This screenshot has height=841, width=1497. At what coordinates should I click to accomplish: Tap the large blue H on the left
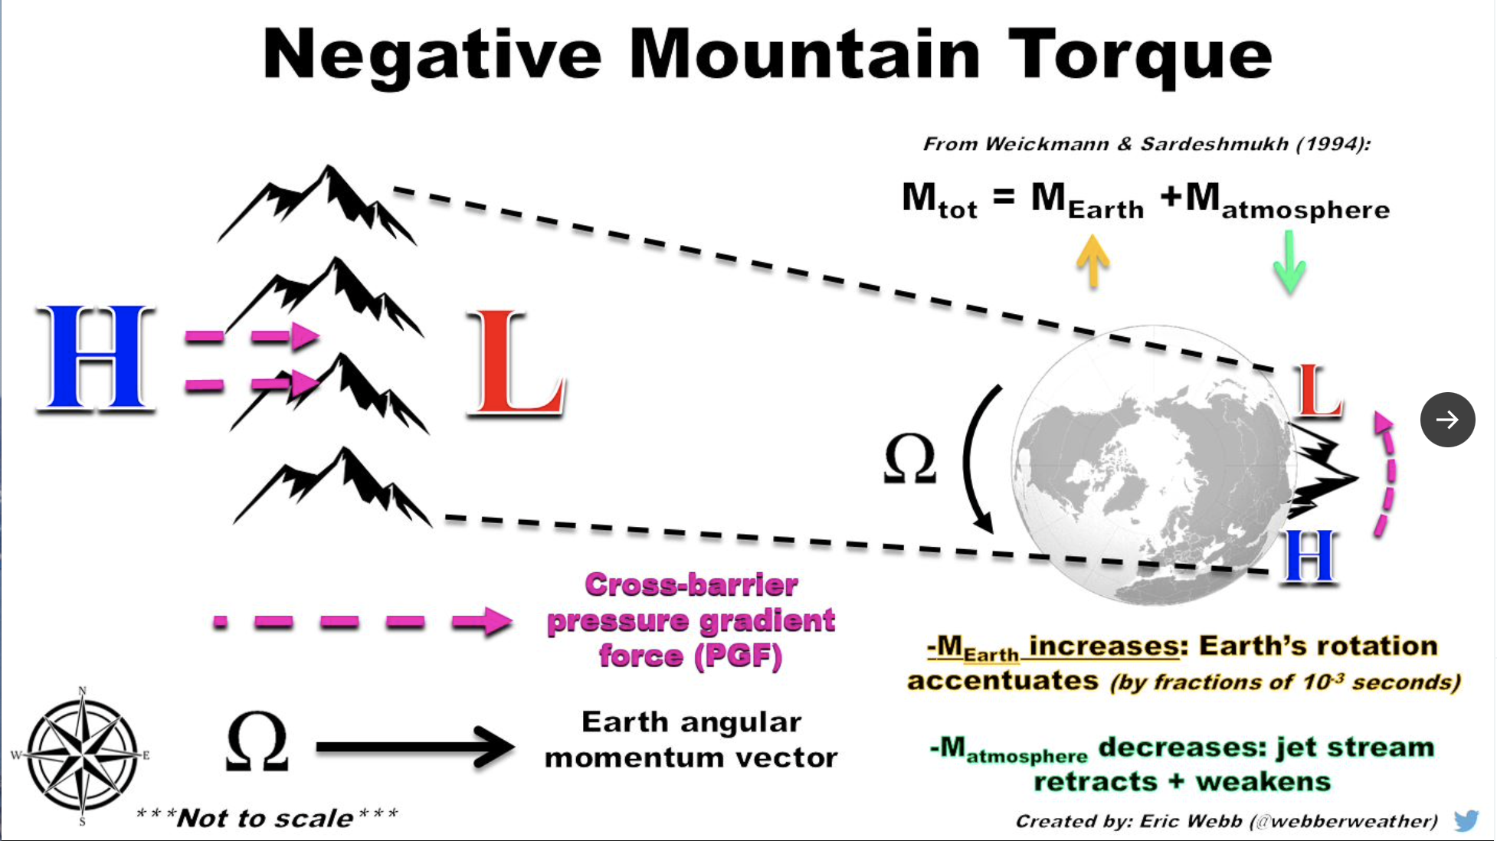pyautogui.click(x=96, y=358)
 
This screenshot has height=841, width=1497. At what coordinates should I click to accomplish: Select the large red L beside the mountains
pyautogui.click(x=516, y=363)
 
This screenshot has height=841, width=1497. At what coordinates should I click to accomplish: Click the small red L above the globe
pyautogui.click(x=1317, y=391)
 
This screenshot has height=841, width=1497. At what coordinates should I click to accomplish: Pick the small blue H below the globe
pyautogui.click(x=1309, y=556)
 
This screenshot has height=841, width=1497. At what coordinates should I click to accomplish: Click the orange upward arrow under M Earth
pyautogui.click(x=1093, y=260)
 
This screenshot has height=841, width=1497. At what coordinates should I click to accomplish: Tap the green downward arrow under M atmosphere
pyautogui.click(x=1289, y=262)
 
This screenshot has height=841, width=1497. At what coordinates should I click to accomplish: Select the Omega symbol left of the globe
pyautogui.click(x=910, y=459)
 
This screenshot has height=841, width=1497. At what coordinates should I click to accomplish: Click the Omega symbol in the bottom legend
pyautogui.click(x=257, y=741)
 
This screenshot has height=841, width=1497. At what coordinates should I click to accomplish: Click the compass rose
pyautogui.click(x=81, y=755)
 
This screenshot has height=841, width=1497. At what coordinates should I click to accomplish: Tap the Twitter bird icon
pyautogui.click(x=1466, y=820)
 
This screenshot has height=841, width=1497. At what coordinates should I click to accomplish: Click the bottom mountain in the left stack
pyautogui.click(x=332, y=487)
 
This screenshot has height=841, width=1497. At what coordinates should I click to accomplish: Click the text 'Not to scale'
pyautogui.click(x=265, y=818)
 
